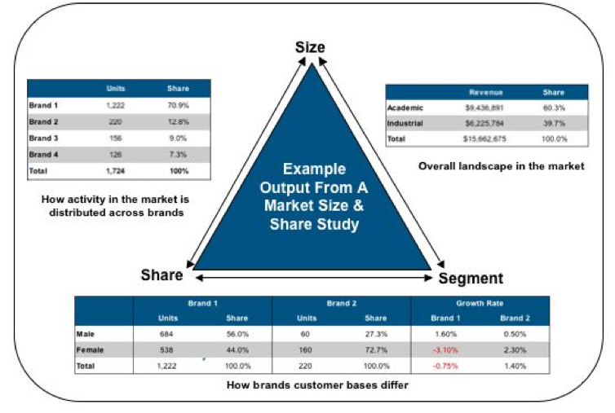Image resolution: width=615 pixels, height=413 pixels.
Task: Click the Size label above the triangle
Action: click(x=310, y=47)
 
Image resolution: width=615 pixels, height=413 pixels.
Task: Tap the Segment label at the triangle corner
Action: click(x=471, y=278)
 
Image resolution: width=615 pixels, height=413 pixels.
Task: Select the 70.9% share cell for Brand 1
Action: click(x=178, y=106)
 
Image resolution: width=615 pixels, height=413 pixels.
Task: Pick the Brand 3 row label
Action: click(x=44, y=138)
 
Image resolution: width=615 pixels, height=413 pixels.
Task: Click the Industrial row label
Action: click(x=407, y=123)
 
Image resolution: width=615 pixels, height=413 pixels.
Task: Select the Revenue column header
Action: click(x=484, y=92)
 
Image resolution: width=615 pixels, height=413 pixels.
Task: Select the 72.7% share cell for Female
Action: click(x=376, y=350)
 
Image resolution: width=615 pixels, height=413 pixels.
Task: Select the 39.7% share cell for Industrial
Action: click(x=558, y=123)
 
